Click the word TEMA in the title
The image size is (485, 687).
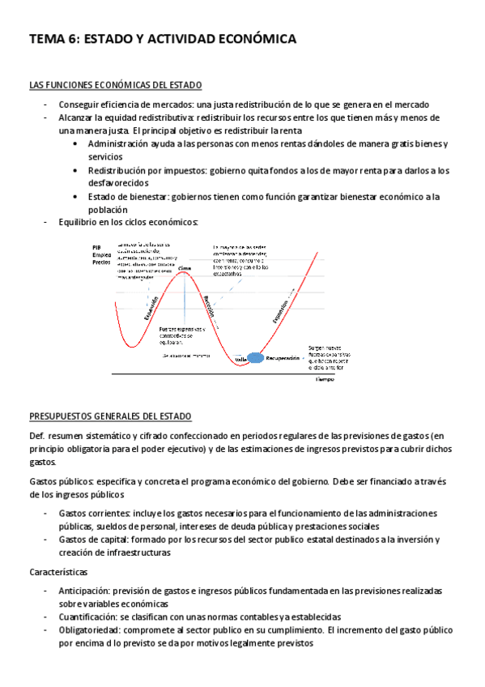[x=47, y=38]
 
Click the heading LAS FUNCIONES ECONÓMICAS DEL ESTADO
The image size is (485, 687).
[x=116, y=85]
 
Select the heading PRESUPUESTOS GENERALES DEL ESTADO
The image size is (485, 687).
[x=110, y=416]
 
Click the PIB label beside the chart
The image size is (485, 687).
[x=96, y=246]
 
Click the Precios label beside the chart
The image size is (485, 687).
[x=101, y=262]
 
